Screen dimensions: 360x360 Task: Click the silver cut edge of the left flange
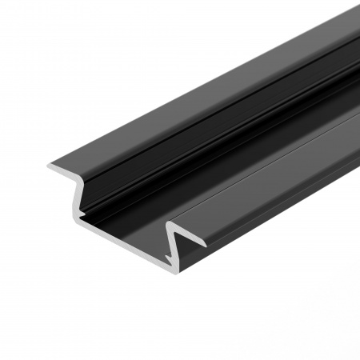64,171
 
